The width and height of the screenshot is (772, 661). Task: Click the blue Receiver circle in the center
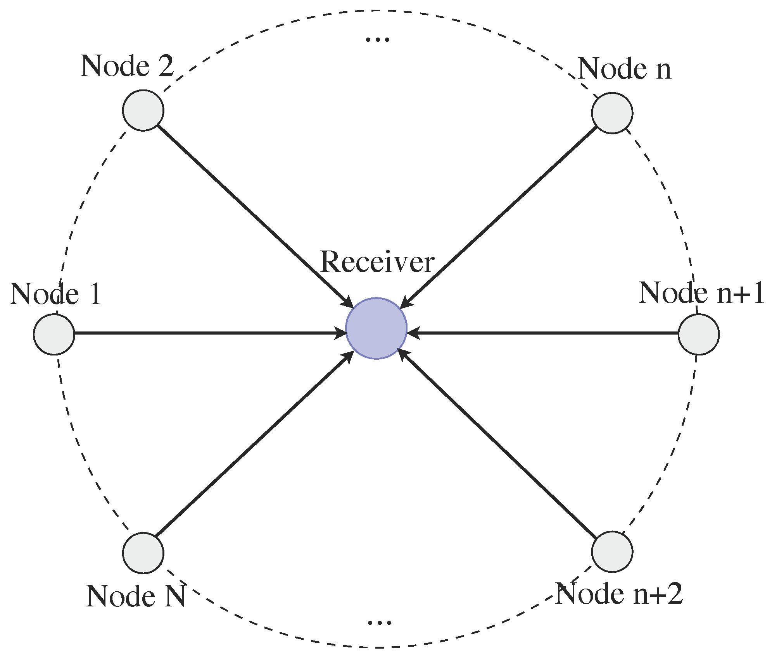(376, 328)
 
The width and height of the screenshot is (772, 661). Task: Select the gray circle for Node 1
(54, 334)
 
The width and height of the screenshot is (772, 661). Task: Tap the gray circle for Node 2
(143, 110)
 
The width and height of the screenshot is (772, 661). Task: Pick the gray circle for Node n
(612, 113)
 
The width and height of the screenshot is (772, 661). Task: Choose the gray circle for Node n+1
(699, 334)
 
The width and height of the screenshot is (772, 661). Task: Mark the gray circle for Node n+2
(612, 551)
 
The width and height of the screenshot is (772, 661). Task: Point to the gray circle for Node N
(143, 553)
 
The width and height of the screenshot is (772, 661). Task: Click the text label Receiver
(377, 262)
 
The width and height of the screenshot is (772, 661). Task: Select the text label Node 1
(56, 294)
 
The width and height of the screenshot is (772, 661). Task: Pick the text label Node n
(624, 69)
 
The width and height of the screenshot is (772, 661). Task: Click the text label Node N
(136, 596)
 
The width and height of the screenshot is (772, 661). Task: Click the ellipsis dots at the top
(377, 39)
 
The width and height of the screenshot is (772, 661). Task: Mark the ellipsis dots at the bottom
(379, 623)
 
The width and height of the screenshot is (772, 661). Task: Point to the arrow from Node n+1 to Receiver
(543, 333)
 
